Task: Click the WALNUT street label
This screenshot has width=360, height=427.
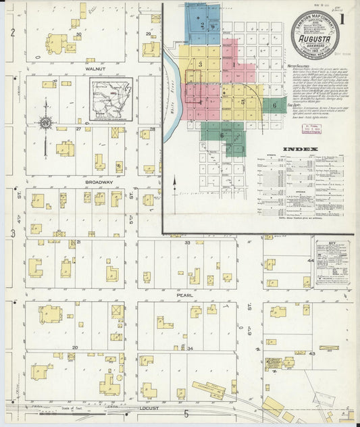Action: coord(97,68)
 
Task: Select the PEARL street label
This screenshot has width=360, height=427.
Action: coord(185,295)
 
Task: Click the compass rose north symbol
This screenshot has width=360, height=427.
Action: coord(45,122)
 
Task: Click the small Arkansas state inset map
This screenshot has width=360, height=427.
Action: coord(110,98)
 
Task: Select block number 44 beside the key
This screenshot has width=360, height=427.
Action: coord(311,260)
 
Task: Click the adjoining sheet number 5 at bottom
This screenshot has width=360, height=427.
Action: coord(186,412)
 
